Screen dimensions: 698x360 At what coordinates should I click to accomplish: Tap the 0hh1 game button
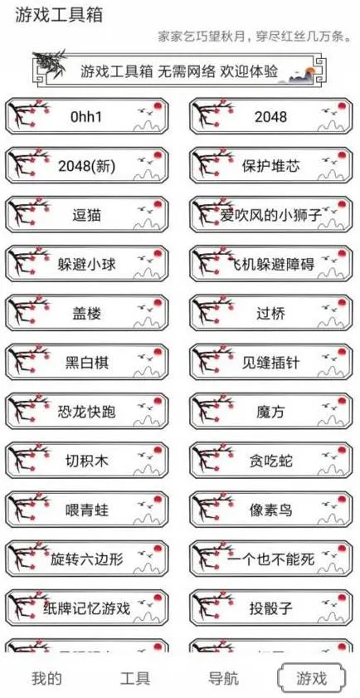87,117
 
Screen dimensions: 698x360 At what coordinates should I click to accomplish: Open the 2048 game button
271,117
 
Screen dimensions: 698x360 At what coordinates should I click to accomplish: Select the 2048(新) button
87,166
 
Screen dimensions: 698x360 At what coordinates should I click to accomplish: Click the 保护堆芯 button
271,166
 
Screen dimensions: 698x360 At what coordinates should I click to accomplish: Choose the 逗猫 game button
87,215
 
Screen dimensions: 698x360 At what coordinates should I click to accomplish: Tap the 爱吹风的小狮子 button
271,215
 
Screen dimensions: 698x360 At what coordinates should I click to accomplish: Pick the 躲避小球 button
87,265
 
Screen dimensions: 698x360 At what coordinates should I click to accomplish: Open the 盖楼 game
87,314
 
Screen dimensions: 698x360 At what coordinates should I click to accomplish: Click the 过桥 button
271,314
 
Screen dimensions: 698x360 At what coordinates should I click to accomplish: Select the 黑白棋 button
87,363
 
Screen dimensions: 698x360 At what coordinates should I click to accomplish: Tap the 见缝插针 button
271,363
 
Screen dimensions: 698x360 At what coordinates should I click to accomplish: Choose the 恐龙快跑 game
87,412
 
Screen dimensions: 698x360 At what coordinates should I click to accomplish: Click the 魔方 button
271,412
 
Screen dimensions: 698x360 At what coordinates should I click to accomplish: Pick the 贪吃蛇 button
271,461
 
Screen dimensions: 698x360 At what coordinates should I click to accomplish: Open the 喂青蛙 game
87,510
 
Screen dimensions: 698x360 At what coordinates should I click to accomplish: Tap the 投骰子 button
271,608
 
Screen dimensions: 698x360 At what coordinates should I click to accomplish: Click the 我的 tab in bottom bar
46,678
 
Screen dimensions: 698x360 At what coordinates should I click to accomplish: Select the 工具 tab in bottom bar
135,678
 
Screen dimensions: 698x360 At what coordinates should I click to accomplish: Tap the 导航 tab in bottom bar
224,678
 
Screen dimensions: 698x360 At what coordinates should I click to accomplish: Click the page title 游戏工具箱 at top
54,16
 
